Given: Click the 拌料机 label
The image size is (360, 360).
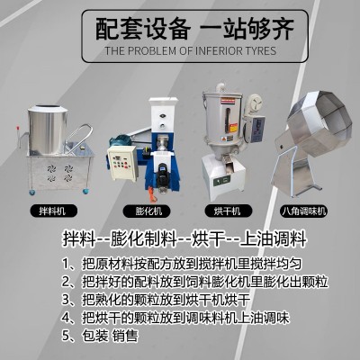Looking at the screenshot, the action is pyautogui.click(x=53, y=211).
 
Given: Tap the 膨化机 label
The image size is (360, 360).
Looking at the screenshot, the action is pyautogui.click(x=147, y=211).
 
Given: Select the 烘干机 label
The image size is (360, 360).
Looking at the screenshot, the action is pyautogui.click(x=229, y=211).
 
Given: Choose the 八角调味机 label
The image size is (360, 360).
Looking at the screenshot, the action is pyautogui.click(x=303, y=211).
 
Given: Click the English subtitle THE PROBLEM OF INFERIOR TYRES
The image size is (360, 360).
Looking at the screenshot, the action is pyautogui.click(x=191, y=50).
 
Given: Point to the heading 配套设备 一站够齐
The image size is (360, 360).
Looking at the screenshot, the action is pyautogui.click(x=194, y=29).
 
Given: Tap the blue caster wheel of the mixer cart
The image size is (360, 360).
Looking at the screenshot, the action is pyautogui.click(x=31, y=193).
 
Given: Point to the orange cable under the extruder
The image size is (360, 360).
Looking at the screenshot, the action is pyautogui.click(x=152, y=193).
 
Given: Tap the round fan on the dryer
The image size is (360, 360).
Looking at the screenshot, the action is pyautogui.click(x=256, y=104).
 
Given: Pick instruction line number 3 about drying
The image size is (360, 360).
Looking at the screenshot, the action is pyautogui.click(x=157, y=300).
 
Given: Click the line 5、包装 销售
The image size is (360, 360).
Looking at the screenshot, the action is pyautogui.click(x=100, y=336).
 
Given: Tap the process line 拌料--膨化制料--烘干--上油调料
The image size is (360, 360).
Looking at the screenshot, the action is pyautogui.click(x=184, y=239).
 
